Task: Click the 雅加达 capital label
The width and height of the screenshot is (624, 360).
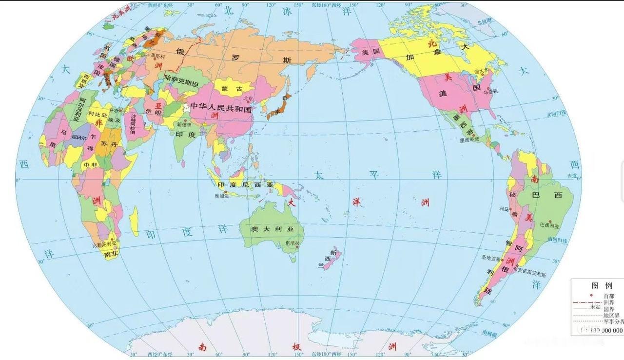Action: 221,196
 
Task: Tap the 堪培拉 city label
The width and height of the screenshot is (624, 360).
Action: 293,242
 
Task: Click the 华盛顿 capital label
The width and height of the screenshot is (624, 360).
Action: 490,91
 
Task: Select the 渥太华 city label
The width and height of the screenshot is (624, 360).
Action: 481,71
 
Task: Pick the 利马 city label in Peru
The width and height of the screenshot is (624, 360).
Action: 504,208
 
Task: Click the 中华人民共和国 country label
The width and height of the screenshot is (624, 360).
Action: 221,106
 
